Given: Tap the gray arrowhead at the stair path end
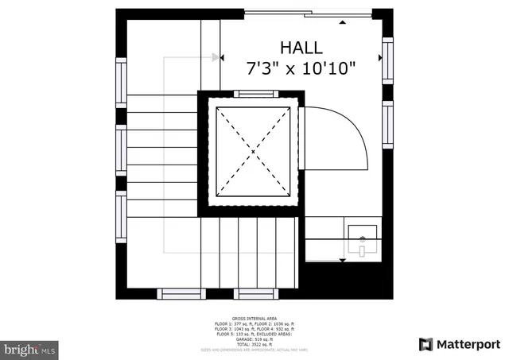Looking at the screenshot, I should pyautogui.click(x=216, y=57).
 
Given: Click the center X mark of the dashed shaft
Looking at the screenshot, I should pyautogui.click(x=253, y=150).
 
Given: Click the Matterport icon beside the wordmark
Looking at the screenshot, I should pyautogui.click(x=426, y=343).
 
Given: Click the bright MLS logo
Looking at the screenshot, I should pyautogui.click(x=30, y=349).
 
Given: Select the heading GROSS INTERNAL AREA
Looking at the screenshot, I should pyautogui.click(x=254, y=317).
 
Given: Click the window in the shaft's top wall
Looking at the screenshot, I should pyautogui.click(x=255, y=94).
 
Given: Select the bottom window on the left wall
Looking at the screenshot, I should pyautogui.click(x=121, y=218).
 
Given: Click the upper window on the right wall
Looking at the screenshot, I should pyautogui.click(x=387, y=61).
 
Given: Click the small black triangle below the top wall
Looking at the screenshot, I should pyautogui.click(x=343, y=23).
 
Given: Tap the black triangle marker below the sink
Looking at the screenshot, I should pyautogui.click(x=343, y=260).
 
